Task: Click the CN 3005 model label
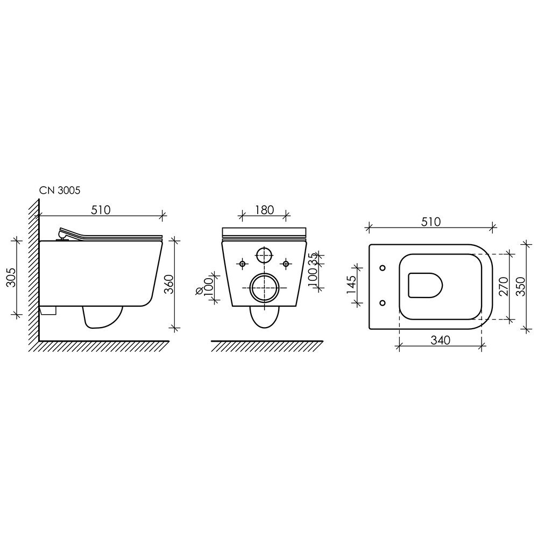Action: (x=60, y=190)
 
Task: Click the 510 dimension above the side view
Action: (x=101, y=210)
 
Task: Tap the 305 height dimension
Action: (x=11, y=277)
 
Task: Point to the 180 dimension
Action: (x=265, y=210)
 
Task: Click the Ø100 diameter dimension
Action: (x=204, y=286)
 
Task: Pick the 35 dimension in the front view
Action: (x=313, y=259)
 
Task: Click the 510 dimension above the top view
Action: (x=430, y=222)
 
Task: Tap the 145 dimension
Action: (x=351, y=285)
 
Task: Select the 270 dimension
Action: (x=504, y=287)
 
